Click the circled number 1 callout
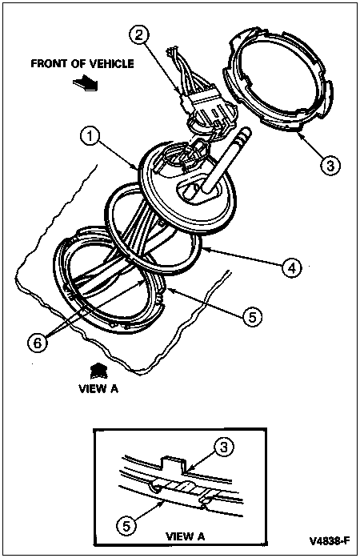click(90, 137)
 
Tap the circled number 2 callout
click(139, 34)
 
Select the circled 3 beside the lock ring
click(330, 165)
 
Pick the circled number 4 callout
click(292, 267)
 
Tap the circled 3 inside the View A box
click(224, 447)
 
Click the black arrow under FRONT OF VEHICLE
click(85, 83)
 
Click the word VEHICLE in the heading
click(111, 64)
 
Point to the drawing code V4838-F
click(330, 541)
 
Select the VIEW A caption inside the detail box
click(186, 536)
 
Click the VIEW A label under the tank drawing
click(98, 388)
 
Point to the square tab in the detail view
click(174, 464)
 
